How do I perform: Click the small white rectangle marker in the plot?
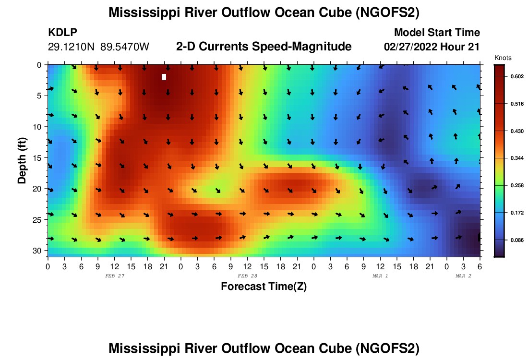point(164,77)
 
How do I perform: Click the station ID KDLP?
point(62,33)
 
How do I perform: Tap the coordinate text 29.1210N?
point(72,47)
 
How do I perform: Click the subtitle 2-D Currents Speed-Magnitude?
point(264,47)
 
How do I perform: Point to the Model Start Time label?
point(436,33)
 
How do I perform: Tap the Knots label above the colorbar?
point(503,58)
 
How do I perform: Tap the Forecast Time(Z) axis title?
point(264,287)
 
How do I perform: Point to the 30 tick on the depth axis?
point(38,251)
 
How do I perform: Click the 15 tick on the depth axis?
point(38,157)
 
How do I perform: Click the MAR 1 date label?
point(380,276)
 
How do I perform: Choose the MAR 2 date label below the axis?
point(463,276)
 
